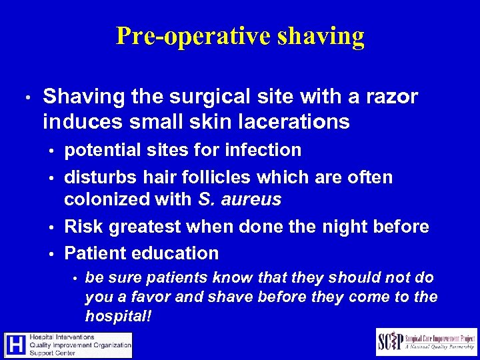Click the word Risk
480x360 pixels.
pos(85,227)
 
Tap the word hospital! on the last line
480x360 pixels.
pos(119,315)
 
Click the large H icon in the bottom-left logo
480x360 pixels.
pos(15,345)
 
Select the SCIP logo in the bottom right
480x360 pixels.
pos(427,341)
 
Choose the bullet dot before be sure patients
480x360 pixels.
pos(76,278)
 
